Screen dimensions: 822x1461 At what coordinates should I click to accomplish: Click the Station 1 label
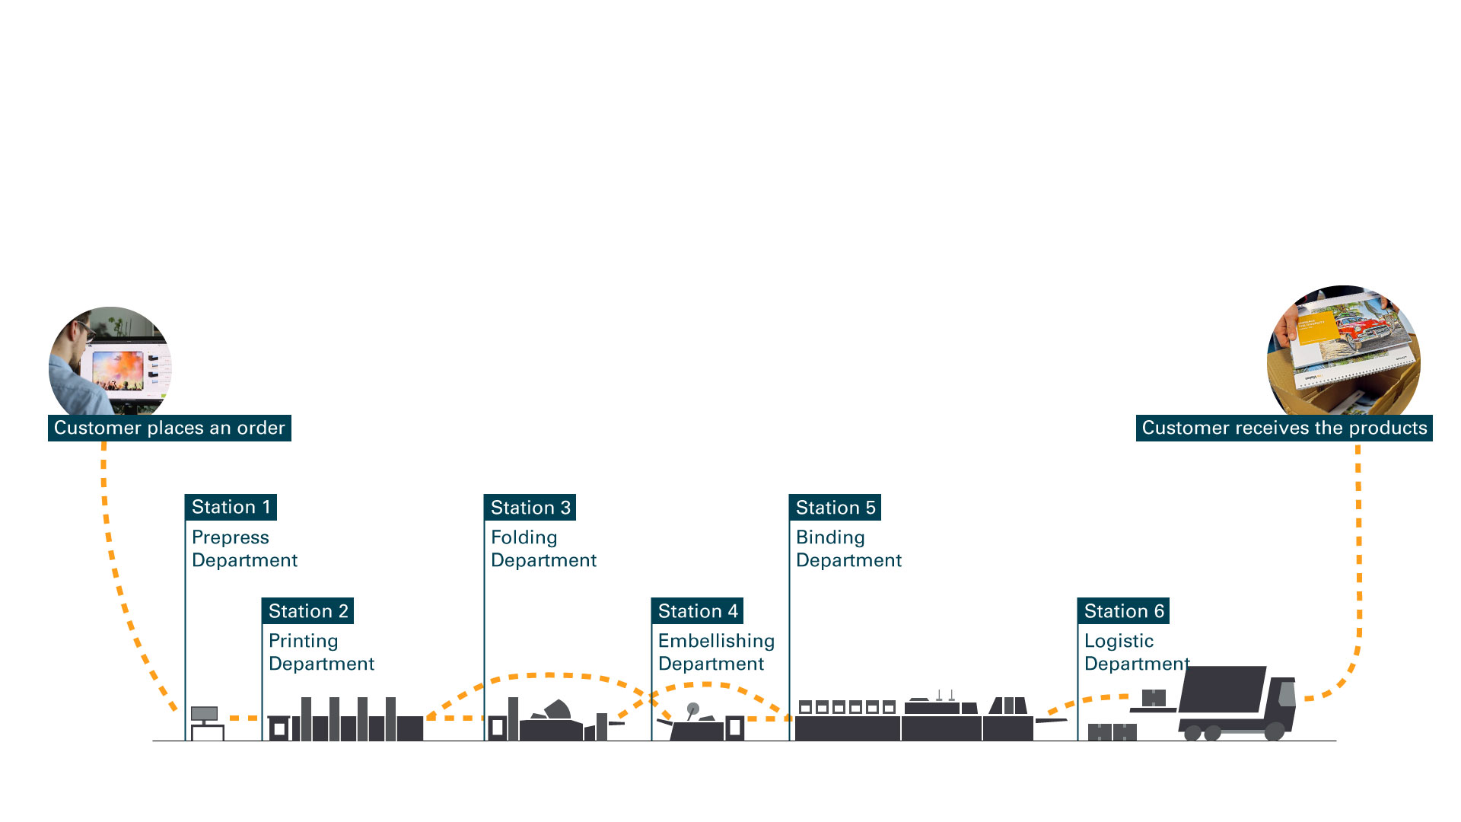[x=231, y=507]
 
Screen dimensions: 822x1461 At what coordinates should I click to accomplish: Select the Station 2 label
[x=307, y=611]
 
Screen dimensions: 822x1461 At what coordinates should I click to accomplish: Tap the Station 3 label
[x=530, y=508]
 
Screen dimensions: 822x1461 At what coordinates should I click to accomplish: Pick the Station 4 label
[x=697, y=611]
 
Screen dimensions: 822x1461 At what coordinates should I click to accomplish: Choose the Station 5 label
[x=835, y=508]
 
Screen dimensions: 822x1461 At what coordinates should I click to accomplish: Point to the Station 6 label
[x=1123, y=611]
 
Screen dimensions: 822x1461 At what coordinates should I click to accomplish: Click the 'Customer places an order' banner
[x=169, y=428]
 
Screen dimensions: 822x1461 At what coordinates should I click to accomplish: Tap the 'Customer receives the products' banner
[x=1284, y=428]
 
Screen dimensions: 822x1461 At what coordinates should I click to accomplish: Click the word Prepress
[x=230, y=537]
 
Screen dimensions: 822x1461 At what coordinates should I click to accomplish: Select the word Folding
[x=524, y=537]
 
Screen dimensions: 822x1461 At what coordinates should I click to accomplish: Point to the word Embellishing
[x=716, y=641]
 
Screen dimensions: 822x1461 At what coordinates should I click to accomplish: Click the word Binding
[x=830, y=537]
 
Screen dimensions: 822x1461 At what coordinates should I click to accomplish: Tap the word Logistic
[x=1119, y=641]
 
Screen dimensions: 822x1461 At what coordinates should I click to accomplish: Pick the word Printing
[x=303, y=641]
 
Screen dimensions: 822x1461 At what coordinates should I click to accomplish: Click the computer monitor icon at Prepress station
[x=204, y=714]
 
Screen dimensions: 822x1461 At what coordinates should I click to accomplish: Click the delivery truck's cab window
[x=1287, y=693]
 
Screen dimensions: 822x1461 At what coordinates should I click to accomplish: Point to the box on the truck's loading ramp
[x=1154, y=697]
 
